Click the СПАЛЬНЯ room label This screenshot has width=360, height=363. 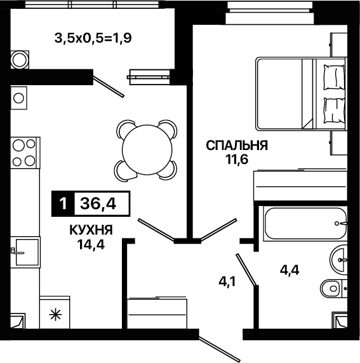pos(237,146)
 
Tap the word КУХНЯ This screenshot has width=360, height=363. pos(91,230)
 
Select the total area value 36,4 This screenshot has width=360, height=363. pos(98,204)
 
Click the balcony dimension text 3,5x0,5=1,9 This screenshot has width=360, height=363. pos(93,38)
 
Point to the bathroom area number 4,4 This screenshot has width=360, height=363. pos(290,270)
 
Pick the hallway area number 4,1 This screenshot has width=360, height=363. pos(227,282)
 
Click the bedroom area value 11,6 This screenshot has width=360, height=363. pos(237,160)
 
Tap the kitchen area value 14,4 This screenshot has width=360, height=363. pos(91,244)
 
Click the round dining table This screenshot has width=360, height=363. pos(147,150)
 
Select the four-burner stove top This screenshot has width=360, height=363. pos(25,153)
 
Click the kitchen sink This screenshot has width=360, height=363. pos(27,252)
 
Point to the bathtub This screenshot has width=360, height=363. pos(305,223)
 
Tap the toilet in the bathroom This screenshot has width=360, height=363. pos(333,289)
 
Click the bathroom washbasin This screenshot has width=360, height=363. pos(338,260)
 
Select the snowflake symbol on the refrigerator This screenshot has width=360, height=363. pos(56,315)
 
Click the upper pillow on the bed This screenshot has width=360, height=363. pos(334,78)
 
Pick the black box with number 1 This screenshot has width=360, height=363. pos(63,204)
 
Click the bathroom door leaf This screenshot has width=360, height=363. pos(246,270)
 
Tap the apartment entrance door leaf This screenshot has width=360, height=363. pos(220,349)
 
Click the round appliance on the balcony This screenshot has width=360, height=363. pos(20,60)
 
